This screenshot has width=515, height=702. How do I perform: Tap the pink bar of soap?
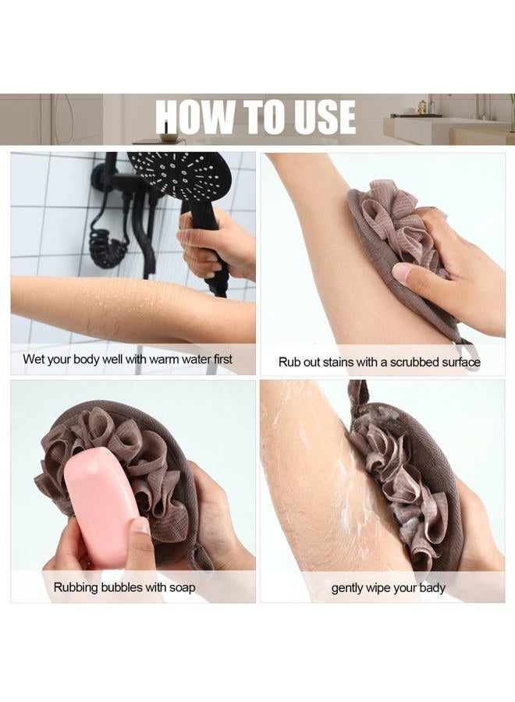pyautogui.click(x=102, y=510)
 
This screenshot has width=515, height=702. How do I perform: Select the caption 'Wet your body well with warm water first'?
pyautogui.click(x=127, y=360)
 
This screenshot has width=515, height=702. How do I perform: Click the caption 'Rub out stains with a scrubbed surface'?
pyautogui.click(x=379, y=362)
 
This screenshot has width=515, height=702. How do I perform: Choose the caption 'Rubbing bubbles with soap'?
pyautogui.click(x=124, y=587)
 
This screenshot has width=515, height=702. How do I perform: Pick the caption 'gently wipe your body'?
pyautogui.click(x=388, y=587)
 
